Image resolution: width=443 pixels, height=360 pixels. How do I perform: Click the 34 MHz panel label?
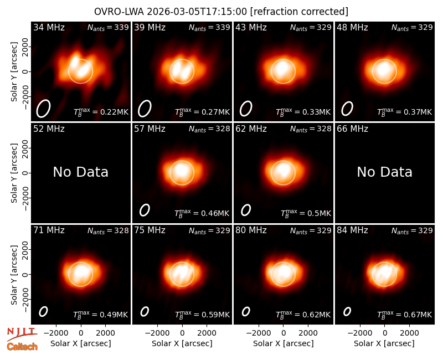49,27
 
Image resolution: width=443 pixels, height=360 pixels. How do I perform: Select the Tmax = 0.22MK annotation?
101,112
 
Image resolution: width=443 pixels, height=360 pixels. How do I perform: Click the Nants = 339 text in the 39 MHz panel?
209,27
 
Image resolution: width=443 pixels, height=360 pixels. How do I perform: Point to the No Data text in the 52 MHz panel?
81,172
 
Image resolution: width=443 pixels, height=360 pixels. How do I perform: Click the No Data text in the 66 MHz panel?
384,172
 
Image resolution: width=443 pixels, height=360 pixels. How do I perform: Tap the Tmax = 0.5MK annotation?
306,213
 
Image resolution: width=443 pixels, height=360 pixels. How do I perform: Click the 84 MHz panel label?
352,230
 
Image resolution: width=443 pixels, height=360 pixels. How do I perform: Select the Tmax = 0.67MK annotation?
405,315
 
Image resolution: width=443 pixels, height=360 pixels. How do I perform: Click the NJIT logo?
22,333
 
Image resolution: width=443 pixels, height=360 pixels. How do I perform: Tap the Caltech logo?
22,347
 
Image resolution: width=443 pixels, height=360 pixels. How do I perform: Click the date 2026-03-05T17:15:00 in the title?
197,12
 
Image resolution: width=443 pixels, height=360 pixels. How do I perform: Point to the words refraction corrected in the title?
299,12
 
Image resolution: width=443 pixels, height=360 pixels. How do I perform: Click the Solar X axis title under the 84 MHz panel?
384,343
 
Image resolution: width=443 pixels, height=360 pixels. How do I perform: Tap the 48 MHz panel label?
352,27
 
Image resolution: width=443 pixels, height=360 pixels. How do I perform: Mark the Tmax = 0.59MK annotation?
202,315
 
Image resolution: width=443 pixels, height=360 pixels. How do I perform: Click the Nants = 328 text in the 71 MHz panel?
108,230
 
